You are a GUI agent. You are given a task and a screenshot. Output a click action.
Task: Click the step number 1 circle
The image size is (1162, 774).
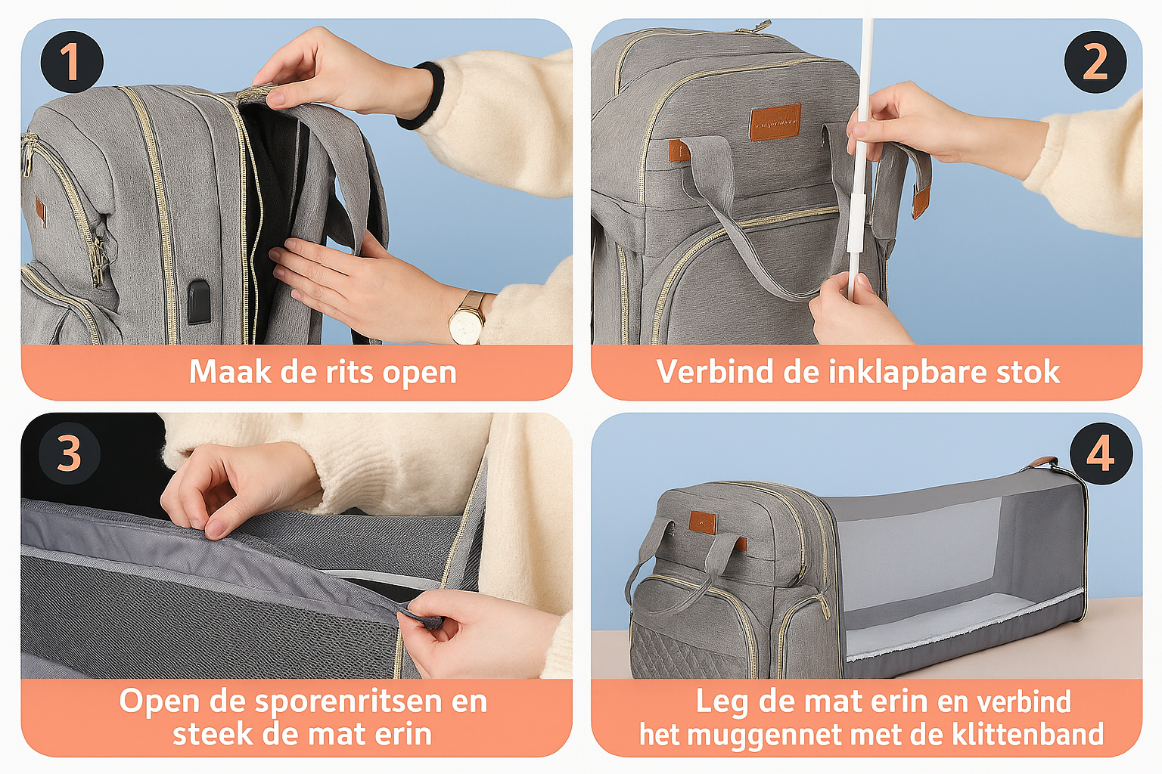pos(71,62)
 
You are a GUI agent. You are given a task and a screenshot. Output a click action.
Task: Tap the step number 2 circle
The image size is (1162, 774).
pos(1095,62)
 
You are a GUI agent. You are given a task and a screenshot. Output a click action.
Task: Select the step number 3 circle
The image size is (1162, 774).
pos(69,454)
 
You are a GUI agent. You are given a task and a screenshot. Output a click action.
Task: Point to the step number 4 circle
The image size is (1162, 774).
pos(1101,454)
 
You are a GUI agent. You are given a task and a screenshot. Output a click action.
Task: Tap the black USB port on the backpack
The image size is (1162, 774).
pos(199,302)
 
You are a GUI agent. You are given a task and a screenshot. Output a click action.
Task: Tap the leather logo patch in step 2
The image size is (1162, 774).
pos(775,123)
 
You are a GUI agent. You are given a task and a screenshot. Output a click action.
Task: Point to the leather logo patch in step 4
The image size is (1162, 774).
pos(703,522)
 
